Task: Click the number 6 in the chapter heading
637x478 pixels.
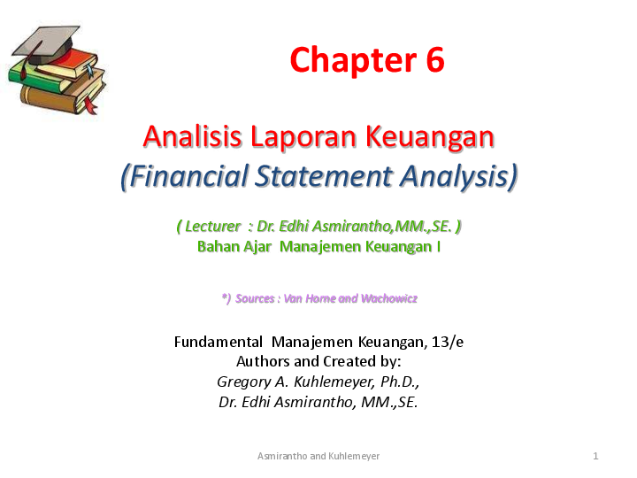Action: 435,60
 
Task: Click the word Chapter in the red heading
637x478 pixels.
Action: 353,60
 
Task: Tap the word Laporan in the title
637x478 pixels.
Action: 303,137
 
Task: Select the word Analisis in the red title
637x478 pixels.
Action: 193,136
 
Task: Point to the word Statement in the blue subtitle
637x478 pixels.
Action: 324,176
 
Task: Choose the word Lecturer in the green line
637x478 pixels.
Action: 212,226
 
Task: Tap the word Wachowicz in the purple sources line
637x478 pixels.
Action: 388,298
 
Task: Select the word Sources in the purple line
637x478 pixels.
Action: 255,298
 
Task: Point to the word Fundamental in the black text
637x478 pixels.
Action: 219,342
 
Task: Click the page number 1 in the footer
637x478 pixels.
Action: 595,456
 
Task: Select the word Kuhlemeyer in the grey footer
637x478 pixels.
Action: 354,456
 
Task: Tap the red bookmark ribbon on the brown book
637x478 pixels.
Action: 89,104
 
